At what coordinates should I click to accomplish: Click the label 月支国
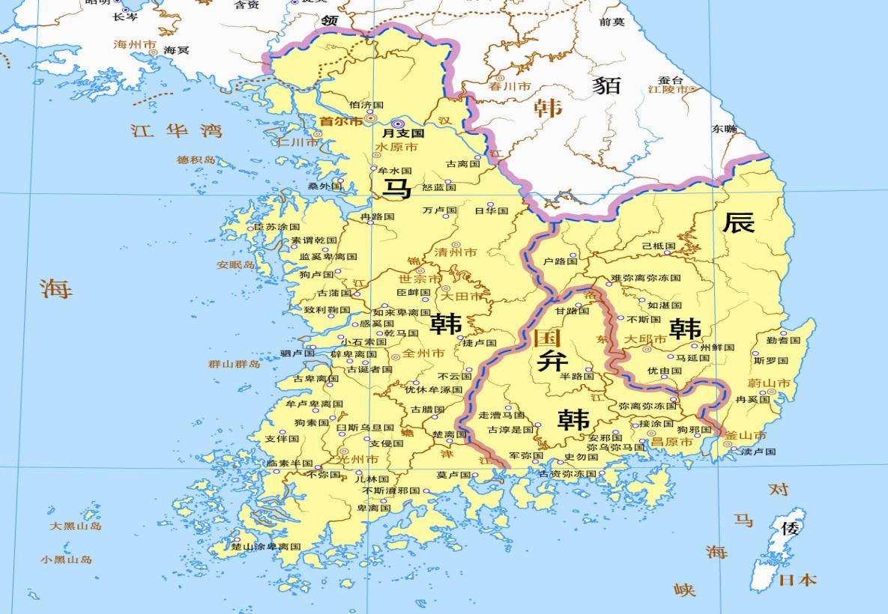pyautogui.click(x=404, y=133)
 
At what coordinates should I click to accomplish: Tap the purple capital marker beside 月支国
pyautogui.click(x=397, y=124)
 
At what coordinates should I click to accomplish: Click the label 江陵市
pyautogui.click(x=668, y=89)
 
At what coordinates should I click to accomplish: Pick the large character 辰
pyautogui.click(x=738, y=222)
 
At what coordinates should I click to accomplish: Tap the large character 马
pyautogui.click(x=396, y=189)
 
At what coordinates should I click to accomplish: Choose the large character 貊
pyautogui.click(x=606, y=85)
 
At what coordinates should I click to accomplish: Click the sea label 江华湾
pyautogui.click(x=177, y=131)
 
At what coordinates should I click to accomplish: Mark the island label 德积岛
pyautogui.click(x=196, y=159)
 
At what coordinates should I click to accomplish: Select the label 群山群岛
pyautogui.click(x=235, y=364)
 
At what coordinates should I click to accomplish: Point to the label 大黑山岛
pyautogui.click(x=76, y=526)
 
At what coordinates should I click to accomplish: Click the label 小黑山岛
pyautogui.click(x=67, y=559)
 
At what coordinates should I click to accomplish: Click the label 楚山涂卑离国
pyautogui.click(x=266, y=547)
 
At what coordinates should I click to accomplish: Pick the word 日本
pyautogui.click(x=797, y=580)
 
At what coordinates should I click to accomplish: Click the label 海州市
pyautogui.click(x=135, y=45)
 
